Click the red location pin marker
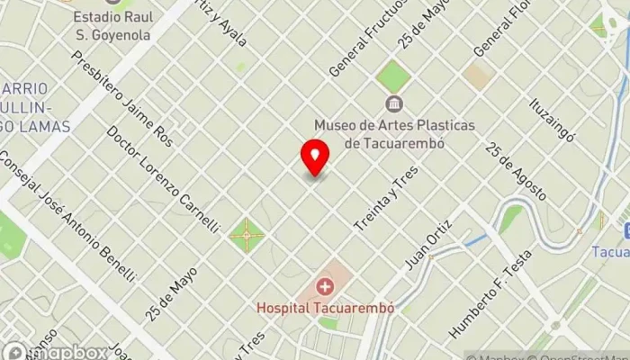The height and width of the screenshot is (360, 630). (x=315, y=157)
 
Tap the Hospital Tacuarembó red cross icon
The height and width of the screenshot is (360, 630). (x=325, y=287)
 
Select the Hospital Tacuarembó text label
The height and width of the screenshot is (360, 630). (x=326, y=307)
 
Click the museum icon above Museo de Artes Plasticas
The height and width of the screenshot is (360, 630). (x=393, y=105)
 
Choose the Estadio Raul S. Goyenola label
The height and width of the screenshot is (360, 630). (x=112, y=25)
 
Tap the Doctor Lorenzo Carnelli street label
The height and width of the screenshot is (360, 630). (x=162, y=176)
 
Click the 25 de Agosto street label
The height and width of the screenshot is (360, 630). (x=516, y=171)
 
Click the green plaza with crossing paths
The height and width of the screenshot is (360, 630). (x=246, y=237)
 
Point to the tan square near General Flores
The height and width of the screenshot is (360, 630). (x=478, y=76)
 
